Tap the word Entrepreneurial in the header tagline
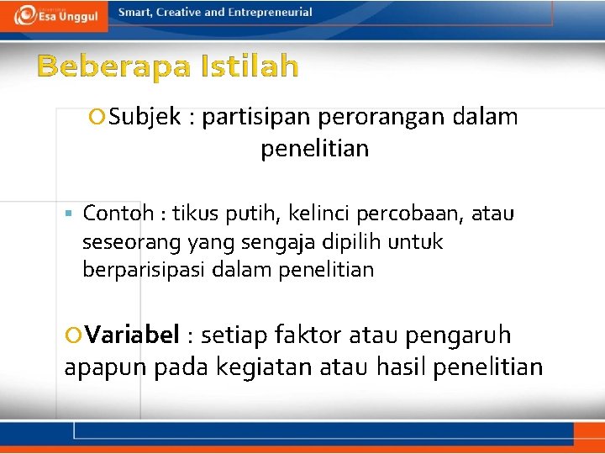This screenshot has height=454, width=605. click(x=270, y=13)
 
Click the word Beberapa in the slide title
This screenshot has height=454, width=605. click(x=113, y=66)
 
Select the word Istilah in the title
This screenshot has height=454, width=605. click(x=250, y=66)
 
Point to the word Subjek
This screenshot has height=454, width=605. click(x=145, y=117)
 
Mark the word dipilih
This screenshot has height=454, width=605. click(x=372, y=242)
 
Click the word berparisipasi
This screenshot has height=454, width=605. click(x=144, y=270)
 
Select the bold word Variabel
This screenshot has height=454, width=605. click(x=132, y=335)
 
